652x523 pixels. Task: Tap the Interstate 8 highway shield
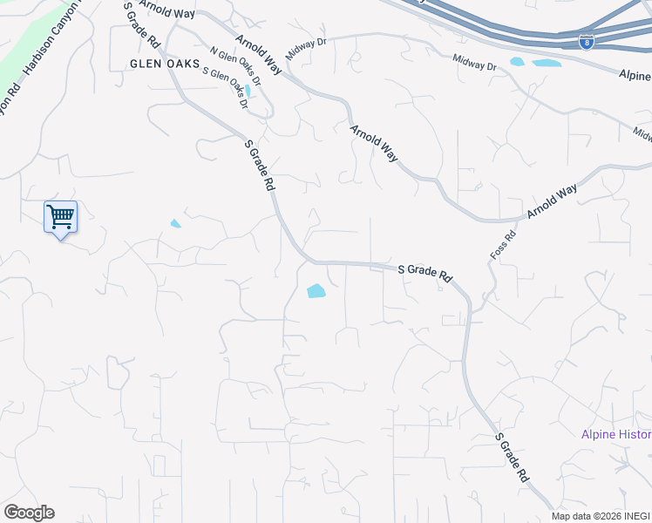[587, 41]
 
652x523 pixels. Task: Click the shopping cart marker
[60, 216]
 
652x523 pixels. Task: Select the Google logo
[29, 513]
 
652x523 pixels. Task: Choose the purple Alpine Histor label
[616, 434]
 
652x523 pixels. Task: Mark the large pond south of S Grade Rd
[316, 291]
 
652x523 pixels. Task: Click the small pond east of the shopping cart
[175, 224]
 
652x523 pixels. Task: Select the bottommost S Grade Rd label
[512, 457]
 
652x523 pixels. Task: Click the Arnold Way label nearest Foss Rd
[551, 203]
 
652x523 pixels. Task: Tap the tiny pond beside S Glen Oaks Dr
[248, 90]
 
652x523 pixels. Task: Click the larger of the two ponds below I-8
[546, 63]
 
